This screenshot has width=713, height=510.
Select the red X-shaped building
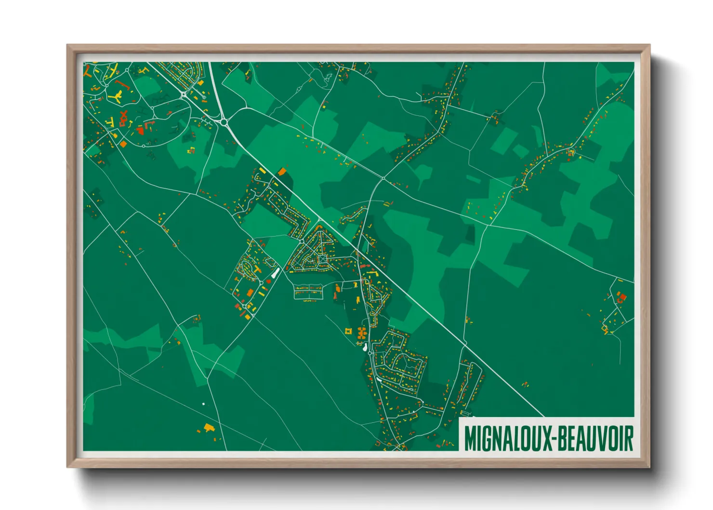coord(124,115)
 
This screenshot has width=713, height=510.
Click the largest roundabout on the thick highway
coord(223,122)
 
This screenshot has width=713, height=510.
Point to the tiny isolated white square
coord(203,403)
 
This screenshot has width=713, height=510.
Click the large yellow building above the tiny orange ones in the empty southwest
coord(209,427)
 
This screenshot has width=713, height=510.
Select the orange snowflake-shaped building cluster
coord(361,332)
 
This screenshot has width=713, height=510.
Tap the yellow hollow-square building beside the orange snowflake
coord(348,331)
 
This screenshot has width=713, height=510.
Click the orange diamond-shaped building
coord(123,144)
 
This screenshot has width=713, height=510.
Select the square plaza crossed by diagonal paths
coord(322,259)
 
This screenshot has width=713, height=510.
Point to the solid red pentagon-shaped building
coord(269,282)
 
